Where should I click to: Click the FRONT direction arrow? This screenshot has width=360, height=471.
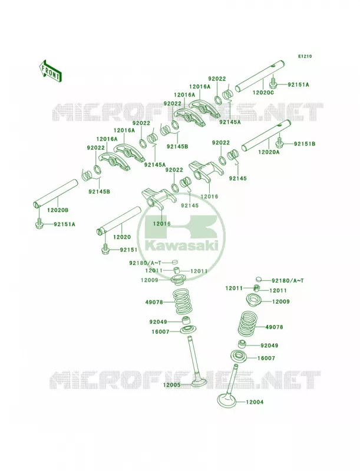[x=50, y=71]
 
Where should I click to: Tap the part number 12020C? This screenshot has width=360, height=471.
[x=263, y=92]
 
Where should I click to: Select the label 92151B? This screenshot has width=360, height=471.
[x=305, y=144]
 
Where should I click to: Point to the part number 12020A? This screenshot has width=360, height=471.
[x=269, y=152]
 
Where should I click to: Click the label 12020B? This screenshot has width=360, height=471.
[x=57, y=210]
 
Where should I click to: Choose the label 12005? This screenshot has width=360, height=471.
[x=171, y=385]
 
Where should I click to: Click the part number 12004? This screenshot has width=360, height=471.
[x=255, y=402]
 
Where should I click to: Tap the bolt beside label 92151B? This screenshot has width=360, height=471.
[x=280, y=143]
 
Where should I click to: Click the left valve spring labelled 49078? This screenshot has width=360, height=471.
[x=183, y=301]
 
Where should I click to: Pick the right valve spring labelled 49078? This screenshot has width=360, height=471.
[x=249, y=324]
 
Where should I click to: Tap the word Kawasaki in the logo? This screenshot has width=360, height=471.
[x=181, y=246]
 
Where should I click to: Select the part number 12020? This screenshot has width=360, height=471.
[x=122, y=237]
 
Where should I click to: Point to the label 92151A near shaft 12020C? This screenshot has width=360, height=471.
[x=298, y=85]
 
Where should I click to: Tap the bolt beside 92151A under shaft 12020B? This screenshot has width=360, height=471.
[x=39, y=224]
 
